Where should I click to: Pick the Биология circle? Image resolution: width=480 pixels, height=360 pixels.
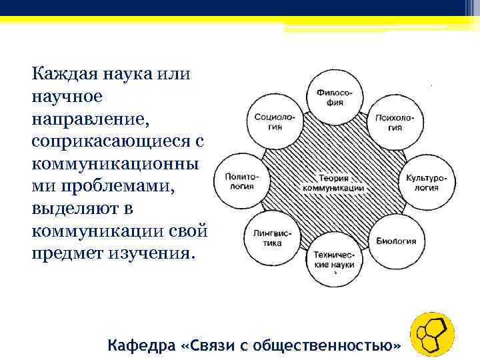[396, 241]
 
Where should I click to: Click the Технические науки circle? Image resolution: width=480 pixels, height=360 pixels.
[335, 259]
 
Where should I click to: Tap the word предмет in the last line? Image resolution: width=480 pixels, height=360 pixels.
[66, 254]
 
